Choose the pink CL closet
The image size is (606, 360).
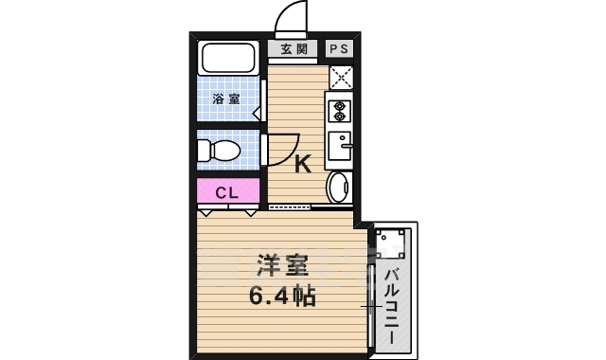pos(227,192)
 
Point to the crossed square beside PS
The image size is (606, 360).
pos(340,77)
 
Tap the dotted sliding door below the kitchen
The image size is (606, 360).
pos(293,205)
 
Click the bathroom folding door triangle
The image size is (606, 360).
pos(258,112)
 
